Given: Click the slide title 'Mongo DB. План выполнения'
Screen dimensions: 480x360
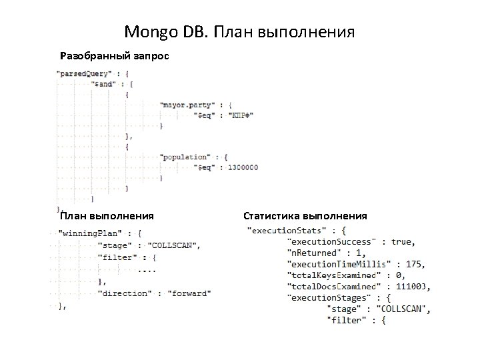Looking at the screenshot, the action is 239,31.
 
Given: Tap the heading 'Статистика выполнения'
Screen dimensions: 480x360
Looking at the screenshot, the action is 305,216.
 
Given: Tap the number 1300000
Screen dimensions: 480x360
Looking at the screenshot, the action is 241,167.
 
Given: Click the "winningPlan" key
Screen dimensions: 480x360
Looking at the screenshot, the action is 91,233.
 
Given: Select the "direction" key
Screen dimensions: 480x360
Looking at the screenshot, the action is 125,293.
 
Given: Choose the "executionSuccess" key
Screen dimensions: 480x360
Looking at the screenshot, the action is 331,241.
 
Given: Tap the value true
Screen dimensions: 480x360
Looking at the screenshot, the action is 402,241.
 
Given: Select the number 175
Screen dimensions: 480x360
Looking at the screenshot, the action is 413,264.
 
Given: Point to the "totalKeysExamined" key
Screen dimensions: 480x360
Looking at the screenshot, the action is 335,275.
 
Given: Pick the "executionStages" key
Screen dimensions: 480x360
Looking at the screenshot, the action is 327,298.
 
